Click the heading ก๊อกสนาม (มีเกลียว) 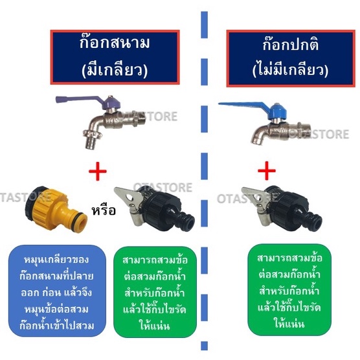pyautogui.click(x=115, y=57)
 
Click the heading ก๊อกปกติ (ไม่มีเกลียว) pyautogui.click(x=291, y=58)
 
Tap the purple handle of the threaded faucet pyautogui.click(x=79, y=100)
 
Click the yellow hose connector pyautogui.click(x=56, y=208)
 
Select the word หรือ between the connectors pyautogui.click(x=104, y=210)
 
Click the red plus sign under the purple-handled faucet pyautogui.click(x=98, y=172)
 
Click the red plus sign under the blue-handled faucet pyautogui.click(x=267, y=171)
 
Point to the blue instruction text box pyautogui.click(x=57, y=291)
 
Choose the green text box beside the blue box pyautogui.click(x=155, y=292)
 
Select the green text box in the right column pyautogui.click(x=289, y=289)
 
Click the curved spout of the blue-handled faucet pyautogui.click(x=260, y=137)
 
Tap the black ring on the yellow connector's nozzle pyautogui.click(x=78, y=216)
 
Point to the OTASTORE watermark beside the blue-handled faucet pyautogui.click(x=319, y=134)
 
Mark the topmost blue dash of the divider pyautogui.click(x=205, y=25)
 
